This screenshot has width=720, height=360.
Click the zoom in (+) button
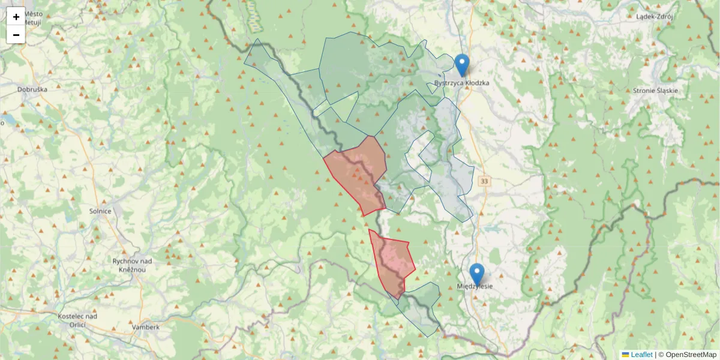pos(16,17)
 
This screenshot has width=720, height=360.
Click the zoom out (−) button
pos(16,35)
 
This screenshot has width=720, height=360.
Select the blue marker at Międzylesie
pos(477,274)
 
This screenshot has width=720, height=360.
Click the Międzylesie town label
pos(475,286)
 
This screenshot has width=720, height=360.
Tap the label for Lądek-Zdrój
pos(655,17)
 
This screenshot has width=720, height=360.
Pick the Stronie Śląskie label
pos(655,91)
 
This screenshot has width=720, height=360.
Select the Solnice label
pos(100,211)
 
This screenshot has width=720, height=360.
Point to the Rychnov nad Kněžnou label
pos(130,265)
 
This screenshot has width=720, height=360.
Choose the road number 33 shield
pos(484,181)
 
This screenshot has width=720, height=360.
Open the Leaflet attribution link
pos(641,355)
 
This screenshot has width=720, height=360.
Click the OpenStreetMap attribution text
pos(691,355)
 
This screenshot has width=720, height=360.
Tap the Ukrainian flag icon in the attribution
pos(625,355)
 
